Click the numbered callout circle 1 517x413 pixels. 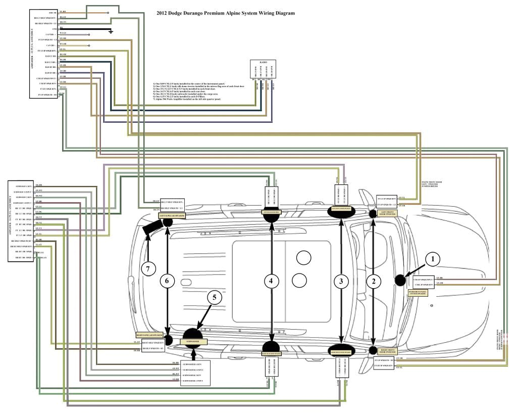point(432,258)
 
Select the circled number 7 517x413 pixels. point(147,269)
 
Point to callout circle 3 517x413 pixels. point(342,282)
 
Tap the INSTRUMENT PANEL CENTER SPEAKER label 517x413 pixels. point(418,292)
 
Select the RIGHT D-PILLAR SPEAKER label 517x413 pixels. point(149,335)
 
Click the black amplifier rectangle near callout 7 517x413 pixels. point(151,231)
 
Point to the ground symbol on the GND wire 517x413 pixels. point(111,31)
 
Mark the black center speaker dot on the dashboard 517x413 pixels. point(401,281)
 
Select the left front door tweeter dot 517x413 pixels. point(373,213)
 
